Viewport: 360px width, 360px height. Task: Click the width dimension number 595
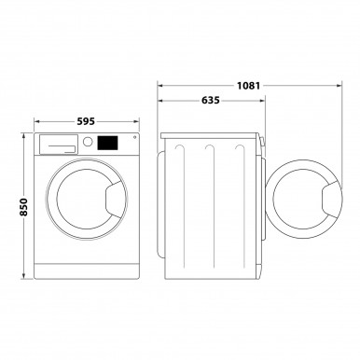[84, 121]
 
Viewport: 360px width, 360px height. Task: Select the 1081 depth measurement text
[248, 85]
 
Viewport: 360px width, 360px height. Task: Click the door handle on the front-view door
[113, 198]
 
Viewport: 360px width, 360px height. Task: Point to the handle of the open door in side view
[330, 199]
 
